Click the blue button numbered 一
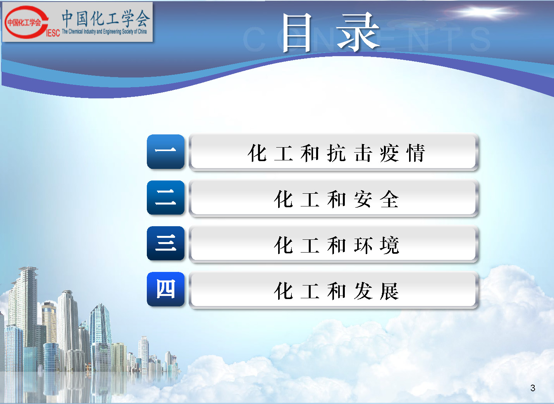(x=165, y=151)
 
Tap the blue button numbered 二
(x=165, y=198)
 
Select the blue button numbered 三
(x=165, y=243)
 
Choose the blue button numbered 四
(x=165, y=289)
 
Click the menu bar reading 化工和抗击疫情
(x=334, y=152)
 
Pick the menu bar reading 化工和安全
(x=334, y=198)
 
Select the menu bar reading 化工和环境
(x=334, y=244)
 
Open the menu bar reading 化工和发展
(x=334, y=290)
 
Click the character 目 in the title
(x=297, y=33)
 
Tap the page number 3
(x=533, y=388)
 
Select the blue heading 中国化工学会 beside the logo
(x=106, y=18)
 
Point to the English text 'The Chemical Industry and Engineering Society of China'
(x=104, y=31)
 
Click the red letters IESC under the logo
(x=53, y=33)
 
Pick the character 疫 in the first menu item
(x=389, y=153)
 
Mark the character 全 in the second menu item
(x=389, y=199)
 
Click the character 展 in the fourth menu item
(x=389, y=291)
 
